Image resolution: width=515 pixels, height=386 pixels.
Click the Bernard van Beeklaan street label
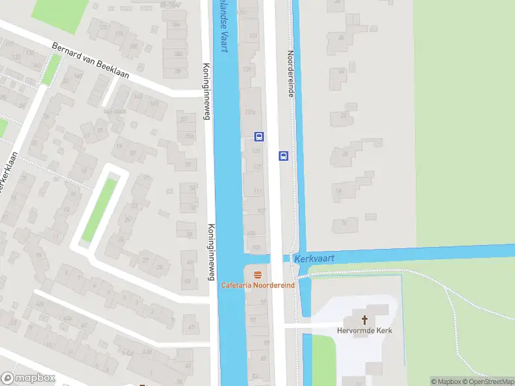pos(90,62)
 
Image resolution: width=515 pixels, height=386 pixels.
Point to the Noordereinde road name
pos(291,75)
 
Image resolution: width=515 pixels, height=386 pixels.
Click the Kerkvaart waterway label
pos(314,258)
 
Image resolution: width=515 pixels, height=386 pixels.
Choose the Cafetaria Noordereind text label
pos(258,285)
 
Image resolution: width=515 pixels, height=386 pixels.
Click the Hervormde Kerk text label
pos(364,331)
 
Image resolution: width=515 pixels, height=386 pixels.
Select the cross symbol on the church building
pos(364,320)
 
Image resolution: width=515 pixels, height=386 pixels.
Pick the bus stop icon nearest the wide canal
pos(259,136)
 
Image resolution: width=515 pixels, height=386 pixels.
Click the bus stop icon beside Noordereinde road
pos(283,156)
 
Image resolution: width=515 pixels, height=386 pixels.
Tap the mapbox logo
pos(28,378)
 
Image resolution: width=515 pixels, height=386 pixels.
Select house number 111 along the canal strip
pos(258,192)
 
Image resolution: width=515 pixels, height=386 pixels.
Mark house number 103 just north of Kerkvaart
pos(257,247)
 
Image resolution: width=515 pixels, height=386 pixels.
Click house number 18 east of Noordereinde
pos(338,190)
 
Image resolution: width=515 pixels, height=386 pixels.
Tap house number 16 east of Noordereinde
pos(344,223)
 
